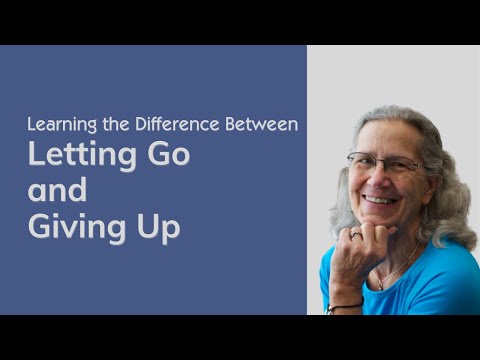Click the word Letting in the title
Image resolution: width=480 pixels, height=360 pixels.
coord(79,156)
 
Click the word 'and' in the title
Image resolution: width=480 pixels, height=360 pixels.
coord(57,191)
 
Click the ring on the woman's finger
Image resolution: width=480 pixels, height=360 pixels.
coord(355,234)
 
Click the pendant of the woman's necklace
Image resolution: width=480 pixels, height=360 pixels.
coord(380,285)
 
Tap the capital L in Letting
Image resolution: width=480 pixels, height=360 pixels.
coord(34,156)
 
